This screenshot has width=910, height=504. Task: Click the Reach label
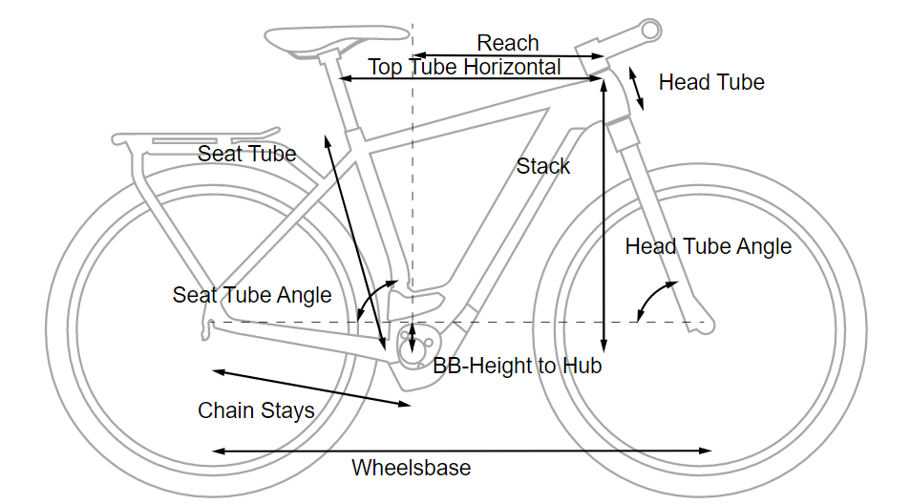coord(508,43)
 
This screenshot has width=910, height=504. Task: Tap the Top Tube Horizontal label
coord(465,67)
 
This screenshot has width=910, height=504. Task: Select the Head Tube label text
coord(711,82)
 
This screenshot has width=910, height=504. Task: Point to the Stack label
coord(542,166)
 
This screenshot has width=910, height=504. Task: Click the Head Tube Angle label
coord(708,247)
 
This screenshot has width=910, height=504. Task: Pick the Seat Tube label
coord(246,154)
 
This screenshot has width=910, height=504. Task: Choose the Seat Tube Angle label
coord(252,295)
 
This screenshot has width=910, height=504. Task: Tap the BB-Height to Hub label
coord(517,366)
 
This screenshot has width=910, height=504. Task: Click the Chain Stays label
coord(256,411)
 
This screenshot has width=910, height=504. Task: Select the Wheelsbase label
coord(411,468)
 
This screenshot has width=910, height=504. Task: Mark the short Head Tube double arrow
coord(636,89)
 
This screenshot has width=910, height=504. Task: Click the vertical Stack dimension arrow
coord(603,215)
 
